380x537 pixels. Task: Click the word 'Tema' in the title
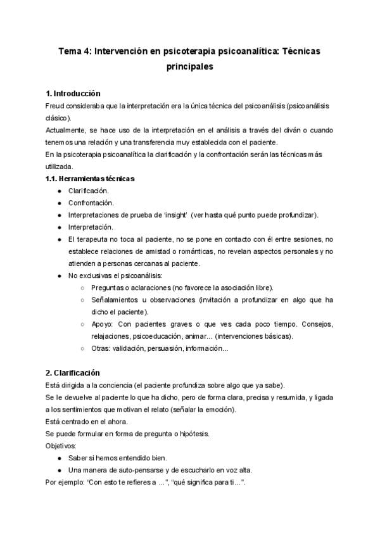point(70,53)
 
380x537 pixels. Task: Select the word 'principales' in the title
point(189,66)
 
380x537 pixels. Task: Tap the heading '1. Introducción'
point(73,94)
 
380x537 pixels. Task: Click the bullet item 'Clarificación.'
point(88,190)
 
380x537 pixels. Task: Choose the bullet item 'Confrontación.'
point(91,203)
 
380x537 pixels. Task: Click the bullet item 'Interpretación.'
point(91,227)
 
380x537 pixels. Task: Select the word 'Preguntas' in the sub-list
point(108,287)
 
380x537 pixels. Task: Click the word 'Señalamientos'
point(115,300)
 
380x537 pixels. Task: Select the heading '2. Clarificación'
point(73,373)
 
